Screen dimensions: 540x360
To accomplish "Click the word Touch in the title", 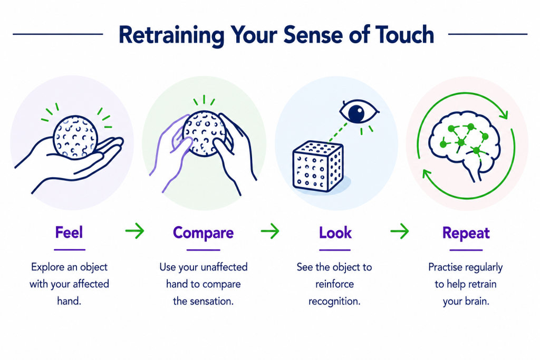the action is (x=404, y=34).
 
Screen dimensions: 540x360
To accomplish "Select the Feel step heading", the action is (x=69, y=232).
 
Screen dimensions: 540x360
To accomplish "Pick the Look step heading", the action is (x=335, y=232).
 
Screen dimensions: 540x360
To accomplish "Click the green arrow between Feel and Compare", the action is (x=134, y=230).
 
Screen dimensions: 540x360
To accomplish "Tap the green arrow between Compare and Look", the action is (x=270, y=230).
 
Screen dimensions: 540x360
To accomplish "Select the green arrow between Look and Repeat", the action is (x=400, y=230).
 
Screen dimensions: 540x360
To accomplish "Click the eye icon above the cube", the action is (x=359, y=112).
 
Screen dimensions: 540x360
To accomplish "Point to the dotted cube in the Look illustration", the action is (x=317, y=166).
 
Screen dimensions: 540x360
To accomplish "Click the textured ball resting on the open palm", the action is (x=75, y=138).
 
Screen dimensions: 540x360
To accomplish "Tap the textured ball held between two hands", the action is (x=204, y=133).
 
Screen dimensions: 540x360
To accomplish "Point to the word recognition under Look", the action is (x=334, y=301).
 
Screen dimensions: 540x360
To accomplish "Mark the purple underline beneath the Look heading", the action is (x=335, y=250).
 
